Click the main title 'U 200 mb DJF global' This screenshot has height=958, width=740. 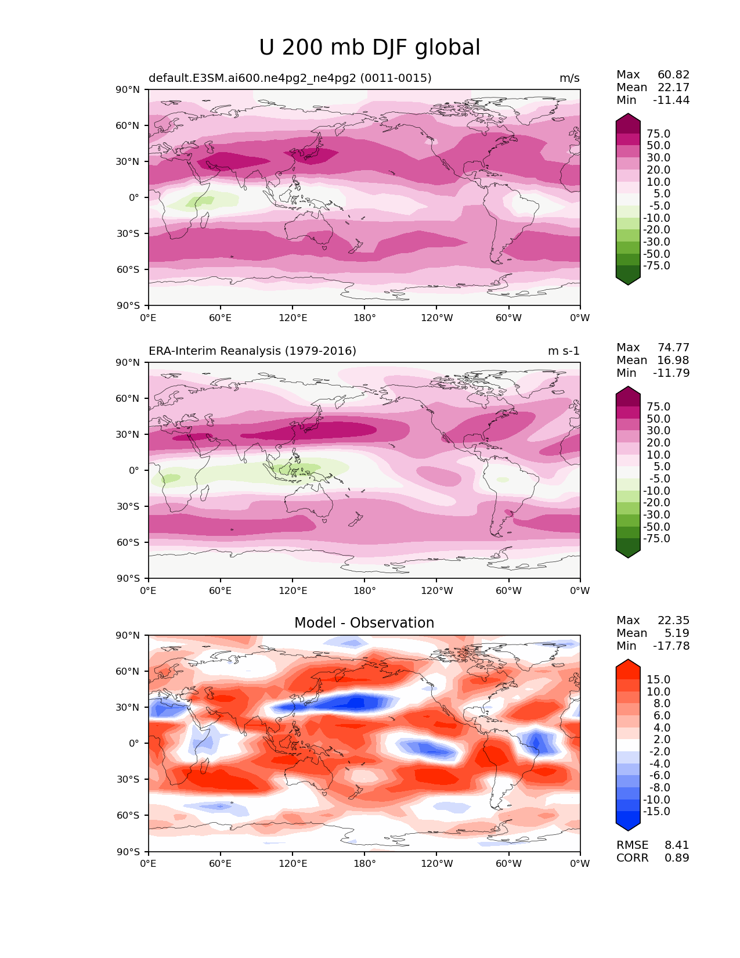coord(370,48)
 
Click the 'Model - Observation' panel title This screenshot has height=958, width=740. coord(364,623)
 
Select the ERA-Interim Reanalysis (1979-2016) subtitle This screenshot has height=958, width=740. coord(252,351)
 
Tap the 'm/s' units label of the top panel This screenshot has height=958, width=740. coord(569,78)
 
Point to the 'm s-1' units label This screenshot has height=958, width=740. coord(564,351)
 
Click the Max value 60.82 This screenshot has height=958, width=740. coord(673,74)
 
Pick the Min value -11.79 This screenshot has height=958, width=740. coord(671,373)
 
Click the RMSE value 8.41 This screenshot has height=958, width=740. coord(677,845)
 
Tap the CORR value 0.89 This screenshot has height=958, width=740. coord(677,858)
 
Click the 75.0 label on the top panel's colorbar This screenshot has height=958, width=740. coord(658,134)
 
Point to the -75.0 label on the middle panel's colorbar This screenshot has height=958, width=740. coord(656,538)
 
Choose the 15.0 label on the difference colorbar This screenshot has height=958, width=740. coord(658,679)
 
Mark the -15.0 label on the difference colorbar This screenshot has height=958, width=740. coord(656,811)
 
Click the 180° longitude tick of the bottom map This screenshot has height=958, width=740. coord(364,863)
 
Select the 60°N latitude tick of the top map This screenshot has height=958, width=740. coord(129,125)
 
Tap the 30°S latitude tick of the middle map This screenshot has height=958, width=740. coord(129,506)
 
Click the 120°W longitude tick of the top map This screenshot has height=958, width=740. coord(437,318)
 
